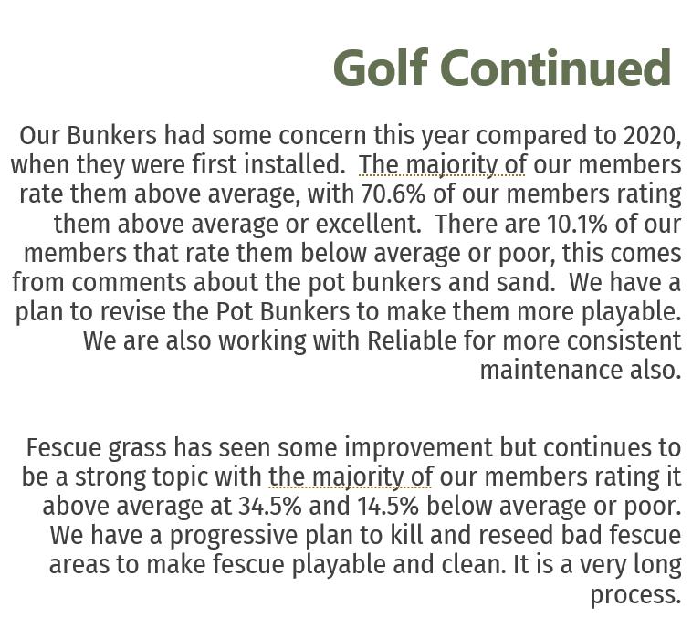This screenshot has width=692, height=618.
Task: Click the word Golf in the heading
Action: [382, 68]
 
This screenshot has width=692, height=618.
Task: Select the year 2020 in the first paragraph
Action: [652, 136]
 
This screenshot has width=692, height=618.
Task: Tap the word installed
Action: [293, 165]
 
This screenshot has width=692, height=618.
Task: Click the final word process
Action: [635, 594]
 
